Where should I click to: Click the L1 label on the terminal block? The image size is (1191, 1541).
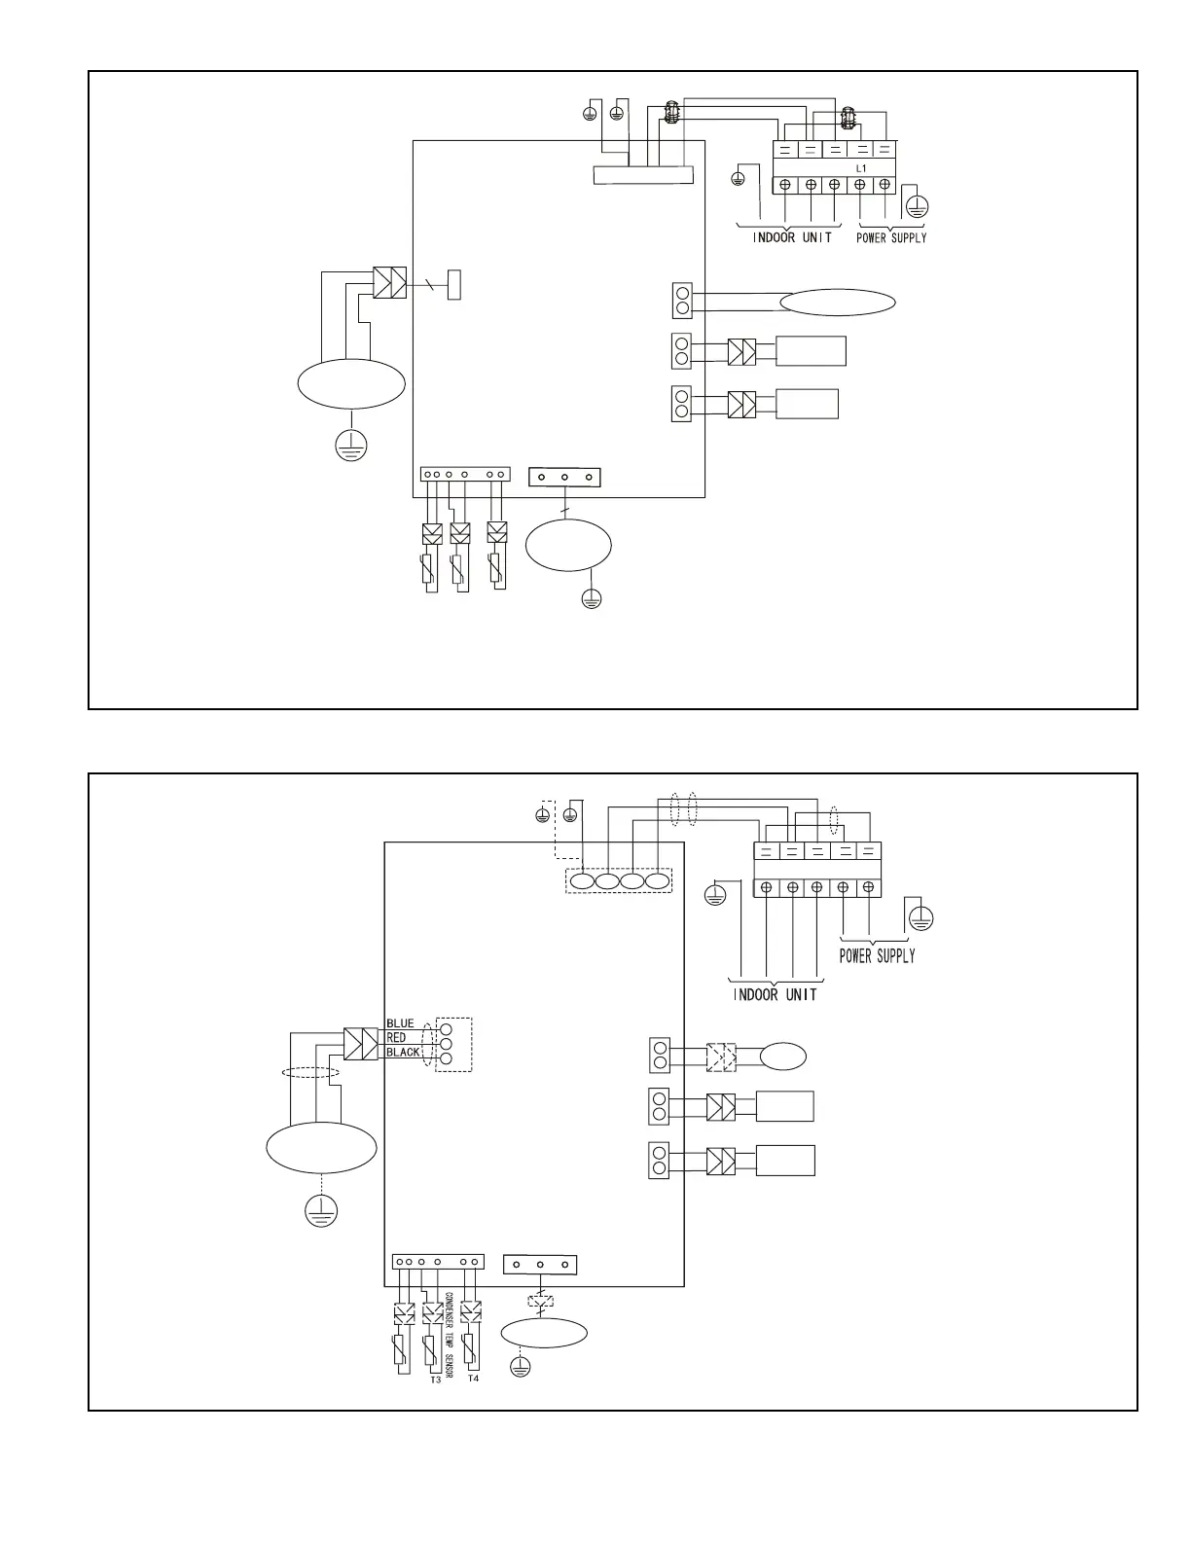(861, 168)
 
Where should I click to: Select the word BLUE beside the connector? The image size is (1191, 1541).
(400, 1023)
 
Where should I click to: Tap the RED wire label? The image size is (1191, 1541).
(396, 1038)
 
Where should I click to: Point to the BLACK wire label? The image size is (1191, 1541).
(403, 1053)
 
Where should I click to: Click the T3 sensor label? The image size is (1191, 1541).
(435, 1380)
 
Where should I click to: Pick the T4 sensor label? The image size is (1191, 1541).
(473, 1380)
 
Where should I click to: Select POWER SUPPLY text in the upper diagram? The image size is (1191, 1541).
(891, 238)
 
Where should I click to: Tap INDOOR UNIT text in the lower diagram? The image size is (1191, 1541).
(775, 994)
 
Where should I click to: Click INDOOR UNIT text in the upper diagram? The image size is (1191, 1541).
(792, 238)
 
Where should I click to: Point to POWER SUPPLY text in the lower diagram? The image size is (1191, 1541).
(877, 955)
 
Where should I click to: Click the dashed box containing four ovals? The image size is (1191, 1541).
(620, 882)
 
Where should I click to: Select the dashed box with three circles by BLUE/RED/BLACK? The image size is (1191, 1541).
(453, 1044)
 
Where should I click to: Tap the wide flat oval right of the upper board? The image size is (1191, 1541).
(837, 302)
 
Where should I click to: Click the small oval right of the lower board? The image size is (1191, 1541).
(783, 1057)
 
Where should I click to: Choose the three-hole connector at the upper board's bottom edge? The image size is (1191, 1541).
(564, 478)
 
